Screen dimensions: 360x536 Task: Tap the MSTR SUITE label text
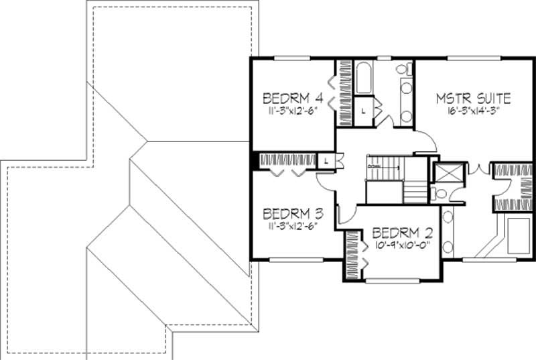[x=474, y=99]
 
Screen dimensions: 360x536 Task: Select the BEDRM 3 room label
[x=293, y=214]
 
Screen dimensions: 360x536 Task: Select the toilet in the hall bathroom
[x=403, y=69]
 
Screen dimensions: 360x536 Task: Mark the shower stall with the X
[x=444, y=172]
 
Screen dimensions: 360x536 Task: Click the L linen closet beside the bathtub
[x=363, y=111]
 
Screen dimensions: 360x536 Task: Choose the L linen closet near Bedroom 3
[x=325, y=161]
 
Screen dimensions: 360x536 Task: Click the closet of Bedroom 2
[x=352, y=255]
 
